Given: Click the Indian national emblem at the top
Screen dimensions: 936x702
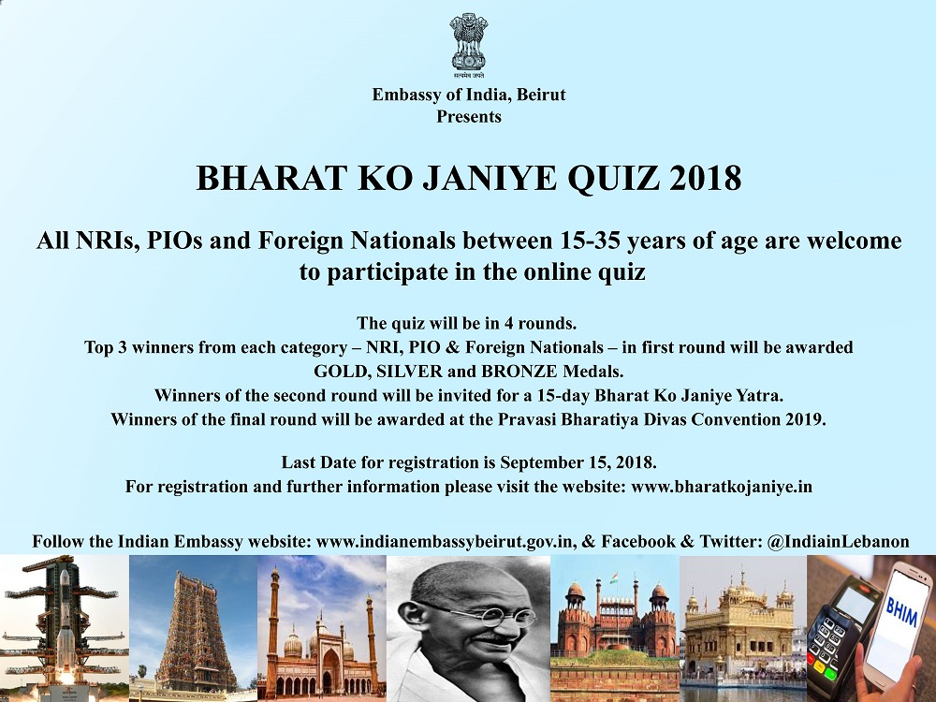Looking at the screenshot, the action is point(469,46).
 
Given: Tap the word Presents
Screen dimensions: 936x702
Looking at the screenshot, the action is point(469,116).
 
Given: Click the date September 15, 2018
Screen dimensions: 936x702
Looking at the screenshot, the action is point(578,463).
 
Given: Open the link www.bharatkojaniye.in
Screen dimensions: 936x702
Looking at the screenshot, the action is point(722,487).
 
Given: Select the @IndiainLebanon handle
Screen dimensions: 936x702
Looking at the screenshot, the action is point(838,542).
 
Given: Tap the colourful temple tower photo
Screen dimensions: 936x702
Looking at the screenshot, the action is point(193,629).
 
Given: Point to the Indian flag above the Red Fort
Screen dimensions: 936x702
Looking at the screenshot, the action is point(614,578).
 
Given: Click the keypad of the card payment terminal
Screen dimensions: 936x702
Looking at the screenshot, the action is point(827,646).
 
